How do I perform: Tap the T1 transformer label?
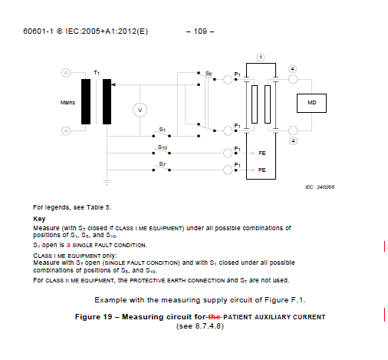97,73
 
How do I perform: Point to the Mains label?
67,103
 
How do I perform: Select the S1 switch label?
163,130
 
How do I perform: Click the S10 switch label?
163,147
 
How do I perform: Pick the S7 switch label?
163,164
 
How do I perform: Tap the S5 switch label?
209,74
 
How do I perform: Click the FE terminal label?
262,154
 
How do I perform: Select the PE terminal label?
262,170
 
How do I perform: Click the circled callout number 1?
261,58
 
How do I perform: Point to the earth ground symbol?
107,183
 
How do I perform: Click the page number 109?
200,31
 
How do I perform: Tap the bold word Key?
39,219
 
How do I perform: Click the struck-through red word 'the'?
214,317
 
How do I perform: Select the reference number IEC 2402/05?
320,187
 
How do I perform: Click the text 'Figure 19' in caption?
94,317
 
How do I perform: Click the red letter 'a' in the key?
68,245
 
